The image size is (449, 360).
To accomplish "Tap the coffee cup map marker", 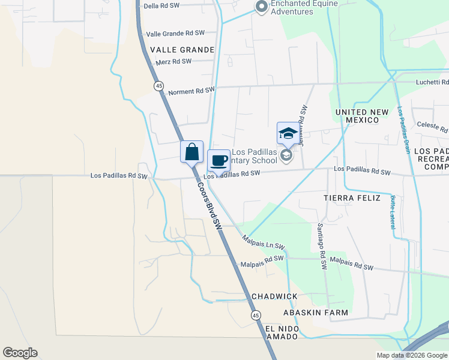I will [218, 160].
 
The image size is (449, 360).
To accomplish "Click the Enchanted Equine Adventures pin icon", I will [261, 7].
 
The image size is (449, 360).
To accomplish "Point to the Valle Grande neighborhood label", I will [182, 50].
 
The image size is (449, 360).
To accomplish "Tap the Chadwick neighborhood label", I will [274, 297].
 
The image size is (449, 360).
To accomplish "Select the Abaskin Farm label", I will [316, 313].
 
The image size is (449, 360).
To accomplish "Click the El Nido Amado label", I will [281, 332].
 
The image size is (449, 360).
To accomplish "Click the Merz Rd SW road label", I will [173, 61].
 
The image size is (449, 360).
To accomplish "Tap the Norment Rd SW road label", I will [191, 91].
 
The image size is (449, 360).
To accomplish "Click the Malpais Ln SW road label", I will [262, 242].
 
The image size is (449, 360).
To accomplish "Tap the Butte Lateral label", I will [393, 211].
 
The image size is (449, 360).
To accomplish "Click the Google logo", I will [20, 353].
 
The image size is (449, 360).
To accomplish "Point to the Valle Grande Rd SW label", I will [175, 33].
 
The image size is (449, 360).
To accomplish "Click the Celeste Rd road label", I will [432, 127].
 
